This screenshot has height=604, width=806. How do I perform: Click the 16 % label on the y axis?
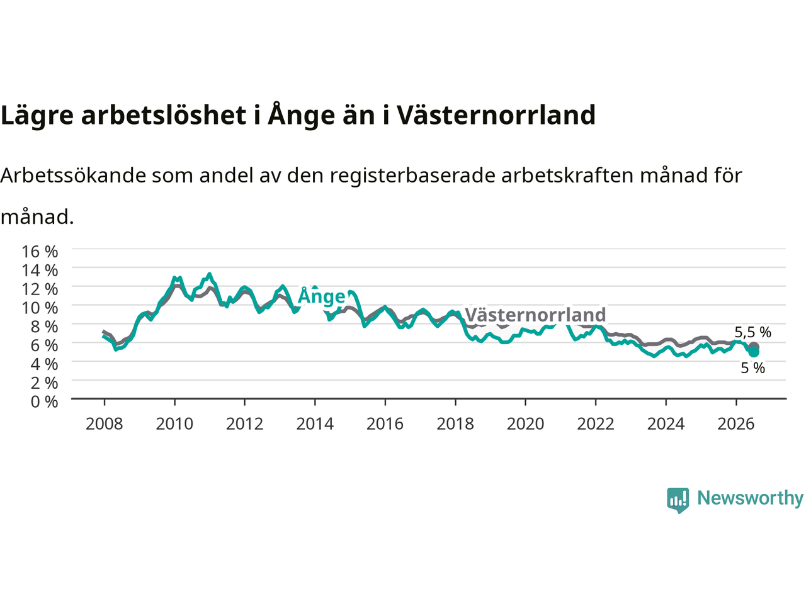tap(40, 252)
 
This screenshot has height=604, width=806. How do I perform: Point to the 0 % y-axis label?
tap(45, 402)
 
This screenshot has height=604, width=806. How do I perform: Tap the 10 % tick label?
tap(40, 308)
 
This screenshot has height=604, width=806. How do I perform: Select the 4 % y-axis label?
tap(45, 364)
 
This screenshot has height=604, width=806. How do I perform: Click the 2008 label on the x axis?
tap(105, 424)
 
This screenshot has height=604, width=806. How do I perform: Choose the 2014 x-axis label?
tap(315, 424)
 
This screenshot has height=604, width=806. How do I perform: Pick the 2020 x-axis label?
tap(525, 424)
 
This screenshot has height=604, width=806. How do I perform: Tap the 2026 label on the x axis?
tap(736, 424)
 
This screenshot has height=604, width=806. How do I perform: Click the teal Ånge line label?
tap(322, 296)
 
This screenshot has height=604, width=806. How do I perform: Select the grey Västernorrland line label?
tap(535, 315)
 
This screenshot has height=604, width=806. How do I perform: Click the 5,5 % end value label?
tap(752, 332)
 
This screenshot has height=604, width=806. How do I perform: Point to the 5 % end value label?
tap(752, 368)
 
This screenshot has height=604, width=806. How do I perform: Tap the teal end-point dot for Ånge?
tap(754, 352)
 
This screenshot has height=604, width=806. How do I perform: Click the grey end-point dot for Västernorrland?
tap(754, 347)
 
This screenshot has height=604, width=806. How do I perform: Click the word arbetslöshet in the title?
tap(164, 115)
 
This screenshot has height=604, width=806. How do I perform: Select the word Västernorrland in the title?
tap(496, 115)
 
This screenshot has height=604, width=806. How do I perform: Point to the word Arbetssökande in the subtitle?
tap(74, 176)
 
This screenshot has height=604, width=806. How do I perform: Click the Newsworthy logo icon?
tap(678, 500)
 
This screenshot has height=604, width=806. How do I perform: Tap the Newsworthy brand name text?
tap(750, 498)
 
